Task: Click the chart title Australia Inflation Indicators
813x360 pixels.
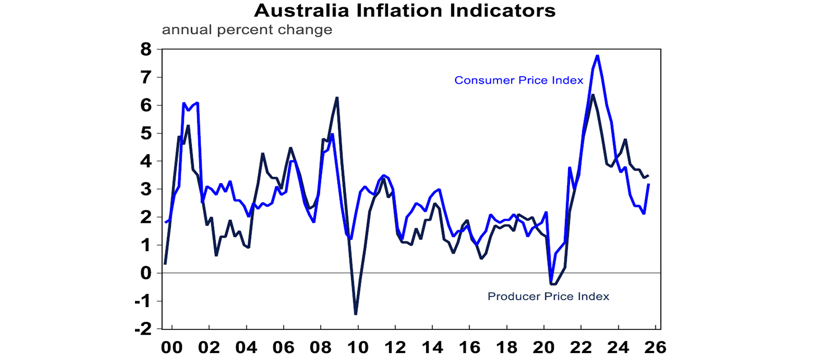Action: [x=405, y=11]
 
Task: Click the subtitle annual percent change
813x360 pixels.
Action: [x=247, y=30]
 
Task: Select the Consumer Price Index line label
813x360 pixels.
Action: [x=519, y=80]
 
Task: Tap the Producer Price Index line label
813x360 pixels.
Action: [x=548, y=296]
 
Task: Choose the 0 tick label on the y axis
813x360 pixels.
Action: [x=146, y=273]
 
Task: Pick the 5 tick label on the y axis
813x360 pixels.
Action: [x=146, y=133]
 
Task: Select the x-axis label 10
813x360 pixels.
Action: [x=358, y=348]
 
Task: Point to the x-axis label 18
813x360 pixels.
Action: [x=507, y=348]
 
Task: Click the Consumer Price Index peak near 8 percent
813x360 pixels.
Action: [x=597, y=55]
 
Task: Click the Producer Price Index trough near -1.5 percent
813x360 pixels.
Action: [x=356, y=314]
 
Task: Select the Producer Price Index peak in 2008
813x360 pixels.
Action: [x=337, y=98]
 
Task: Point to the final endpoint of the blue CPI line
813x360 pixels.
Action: [x=648, y=184]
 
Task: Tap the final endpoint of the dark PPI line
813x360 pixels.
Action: [x=648, y=176]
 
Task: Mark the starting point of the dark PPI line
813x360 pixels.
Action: [x=165, y=264]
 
